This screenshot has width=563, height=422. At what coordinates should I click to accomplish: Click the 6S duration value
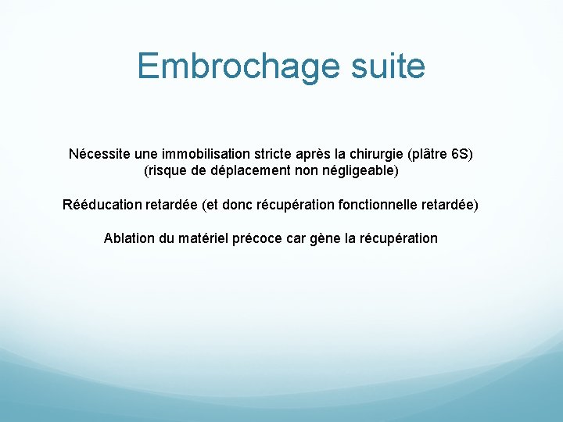pos(460,153)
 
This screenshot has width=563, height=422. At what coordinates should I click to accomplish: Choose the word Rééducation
pos(102,205)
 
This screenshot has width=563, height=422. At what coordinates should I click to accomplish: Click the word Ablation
pos(129,238)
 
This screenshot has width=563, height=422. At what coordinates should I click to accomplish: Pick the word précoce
pos(259,238)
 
